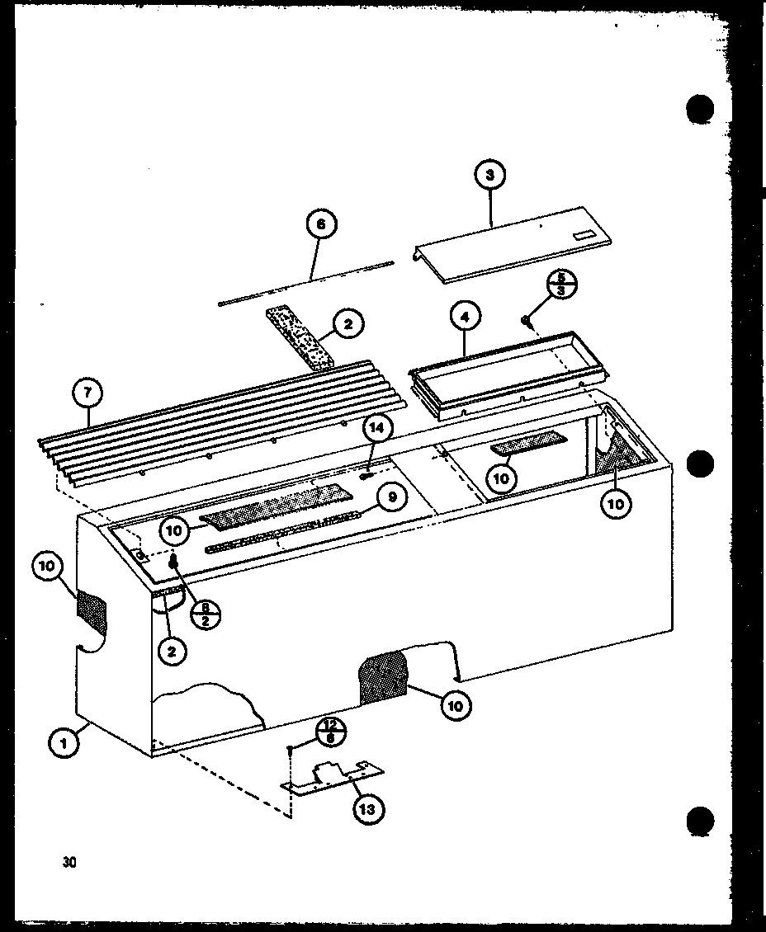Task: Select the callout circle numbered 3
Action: click(x=490, y=176)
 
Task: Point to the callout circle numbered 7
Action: click(x=88, y=394)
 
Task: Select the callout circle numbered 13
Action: click(x=366, y=809)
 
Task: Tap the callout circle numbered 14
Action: click(x=377, y=428)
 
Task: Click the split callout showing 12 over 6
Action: click(x=330, y=732)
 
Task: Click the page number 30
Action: click(x=68, y=863)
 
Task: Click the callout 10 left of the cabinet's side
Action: click(x=49, y=567)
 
